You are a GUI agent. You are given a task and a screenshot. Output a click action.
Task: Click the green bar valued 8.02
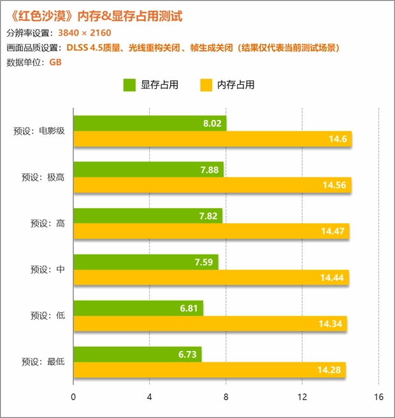[x=150, y=123]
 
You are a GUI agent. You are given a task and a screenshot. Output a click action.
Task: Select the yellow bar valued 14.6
[x=213, y=139]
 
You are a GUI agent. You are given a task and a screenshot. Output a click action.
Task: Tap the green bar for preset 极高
[x=148, y=169]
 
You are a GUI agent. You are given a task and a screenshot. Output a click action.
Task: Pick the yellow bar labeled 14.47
[x=212, y=231]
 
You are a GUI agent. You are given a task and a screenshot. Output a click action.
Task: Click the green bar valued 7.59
[x=146, y=262]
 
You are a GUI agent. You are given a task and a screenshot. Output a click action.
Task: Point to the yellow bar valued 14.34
[x=210, y=324]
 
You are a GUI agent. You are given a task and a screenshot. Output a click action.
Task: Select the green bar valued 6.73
[x=138, y=354]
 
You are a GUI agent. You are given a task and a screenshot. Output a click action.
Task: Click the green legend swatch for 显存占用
[x=129, y=85]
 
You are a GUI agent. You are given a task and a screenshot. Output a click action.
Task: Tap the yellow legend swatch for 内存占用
[x=205, y=85]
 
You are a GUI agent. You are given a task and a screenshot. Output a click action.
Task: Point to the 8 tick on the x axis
[x=226, y=397]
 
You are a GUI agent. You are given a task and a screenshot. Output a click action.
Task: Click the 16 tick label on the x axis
[x=378, y=397]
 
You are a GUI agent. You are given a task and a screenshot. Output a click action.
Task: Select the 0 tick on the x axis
[x=74, y=397]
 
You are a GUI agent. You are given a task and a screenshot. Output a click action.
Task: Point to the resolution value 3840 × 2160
[x=84, y=33]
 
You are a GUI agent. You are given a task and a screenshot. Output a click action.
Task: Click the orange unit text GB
[x=55, y=62]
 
